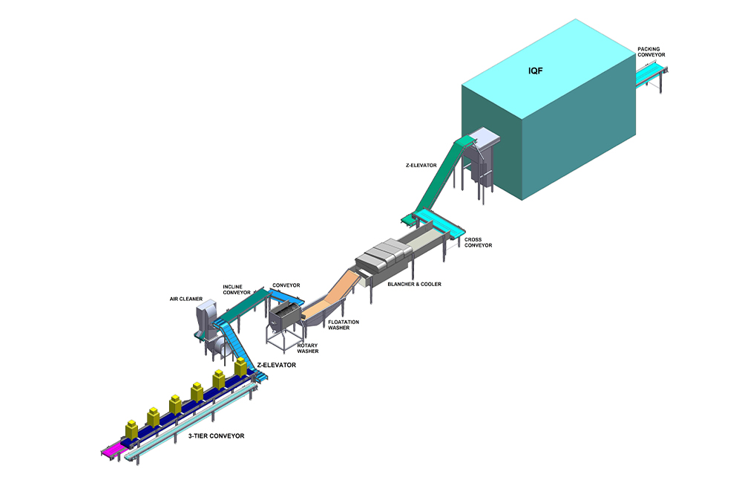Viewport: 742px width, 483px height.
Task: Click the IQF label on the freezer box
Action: (535, 71)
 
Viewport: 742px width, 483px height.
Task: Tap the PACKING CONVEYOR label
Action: (651, 52)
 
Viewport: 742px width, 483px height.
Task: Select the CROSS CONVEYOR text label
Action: (478, 242)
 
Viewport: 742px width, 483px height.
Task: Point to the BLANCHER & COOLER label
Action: (414, 284)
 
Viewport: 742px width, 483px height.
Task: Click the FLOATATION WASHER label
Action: (344, 325)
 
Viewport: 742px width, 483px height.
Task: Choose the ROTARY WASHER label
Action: (308, 349)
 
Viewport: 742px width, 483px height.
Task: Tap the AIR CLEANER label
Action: (186, 299)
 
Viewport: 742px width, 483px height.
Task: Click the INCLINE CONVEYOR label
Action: (237, 290)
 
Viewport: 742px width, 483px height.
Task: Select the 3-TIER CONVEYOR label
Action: (216, 435)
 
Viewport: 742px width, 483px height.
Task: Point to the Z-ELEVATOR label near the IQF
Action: (421, 166)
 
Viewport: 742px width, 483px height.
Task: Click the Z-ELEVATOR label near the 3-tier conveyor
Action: (276, 365)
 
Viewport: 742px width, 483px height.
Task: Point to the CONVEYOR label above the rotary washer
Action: (286, 285)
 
